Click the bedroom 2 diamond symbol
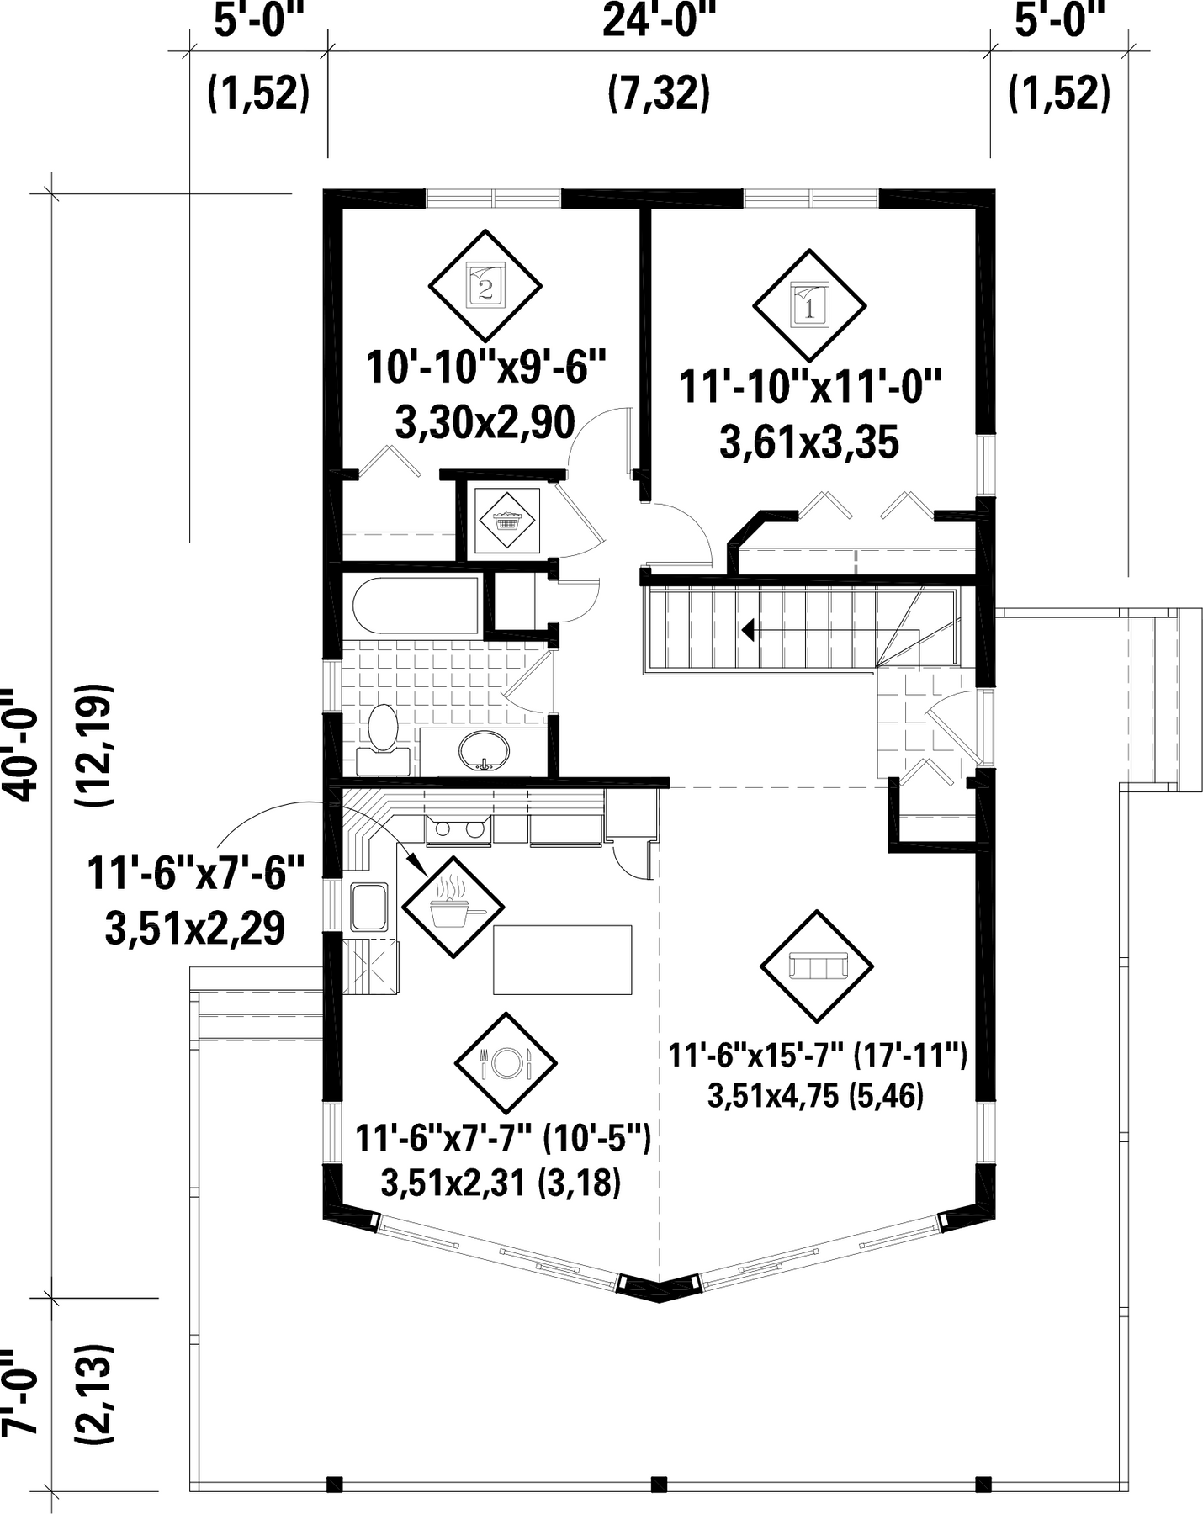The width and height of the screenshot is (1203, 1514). click(485, 286)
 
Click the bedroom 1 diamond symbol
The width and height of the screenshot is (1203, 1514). click(809, 305)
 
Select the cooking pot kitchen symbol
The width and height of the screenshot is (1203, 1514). click(453, 906)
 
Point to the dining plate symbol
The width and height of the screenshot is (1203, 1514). click(506, 1063)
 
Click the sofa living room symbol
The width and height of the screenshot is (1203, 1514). click(816, 966)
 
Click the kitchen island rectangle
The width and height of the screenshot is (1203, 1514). click(562, 959)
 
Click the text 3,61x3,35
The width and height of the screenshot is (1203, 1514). click(809, 442)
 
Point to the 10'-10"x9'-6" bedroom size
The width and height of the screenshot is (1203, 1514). click(486, 368)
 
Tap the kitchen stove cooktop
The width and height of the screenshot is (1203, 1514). click(458, 830)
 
